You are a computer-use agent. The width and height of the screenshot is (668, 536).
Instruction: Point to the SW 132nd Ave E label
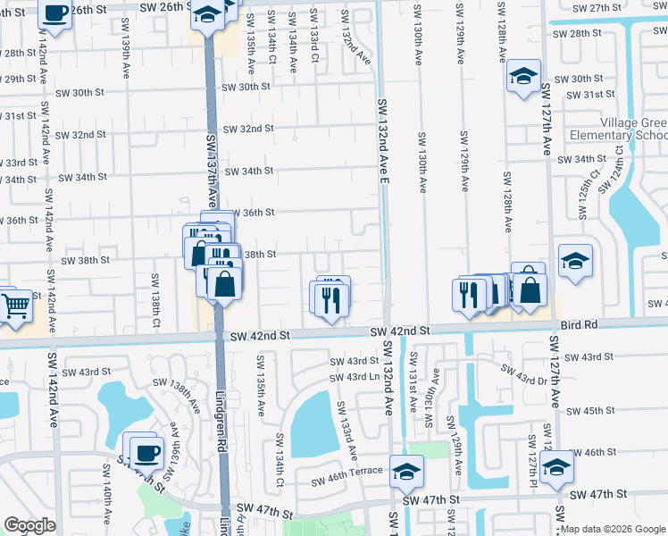coord(384,147)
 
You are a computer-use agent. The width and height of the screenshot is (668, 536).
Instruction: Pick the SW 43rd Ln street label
coord(355,377)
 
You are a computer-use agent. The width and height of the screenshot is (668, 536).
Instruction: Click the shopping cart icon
coord(16,306)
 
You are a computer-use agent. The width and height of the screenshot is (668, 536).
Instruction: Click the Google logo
coord(30,525)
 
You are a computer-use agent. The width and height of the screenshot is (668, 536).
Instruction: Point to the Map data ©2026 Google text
coord(614,529)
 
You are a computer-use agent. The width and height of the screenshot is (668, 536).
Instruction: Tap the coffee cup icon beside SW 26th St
coord(55,13)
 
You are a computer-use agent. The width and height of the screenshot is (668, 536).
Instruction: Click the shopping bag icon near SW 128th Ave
coord(530,290)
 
